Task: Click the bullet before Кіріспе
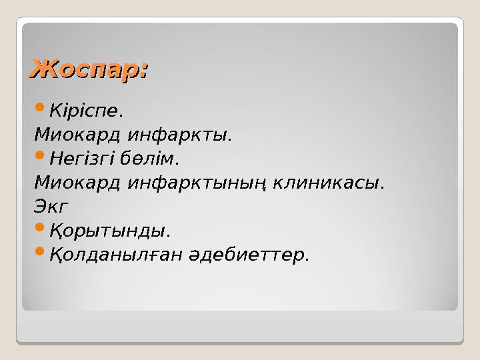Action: coord(39,107)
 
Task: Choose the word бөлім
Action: coord(153,159)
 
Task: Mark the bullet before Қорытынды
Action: coord(39,228)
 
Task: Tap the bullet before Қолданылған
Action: coord(39,252)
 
